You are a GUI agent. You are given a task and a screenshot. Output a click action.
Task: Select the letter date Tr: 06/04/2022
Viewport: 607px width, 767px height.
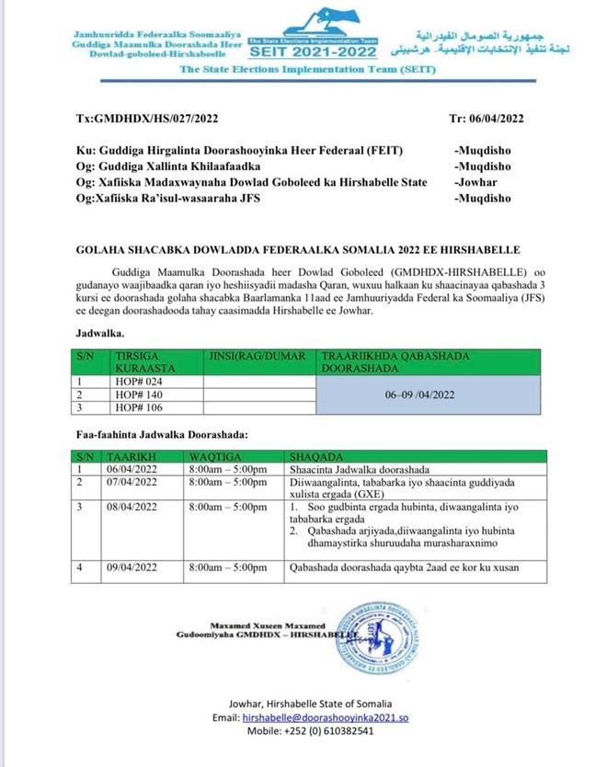coord(486,119)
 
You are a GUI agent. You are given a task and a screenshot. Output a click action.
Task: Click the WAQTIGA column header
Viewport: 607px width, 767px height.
coord(214,455)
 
